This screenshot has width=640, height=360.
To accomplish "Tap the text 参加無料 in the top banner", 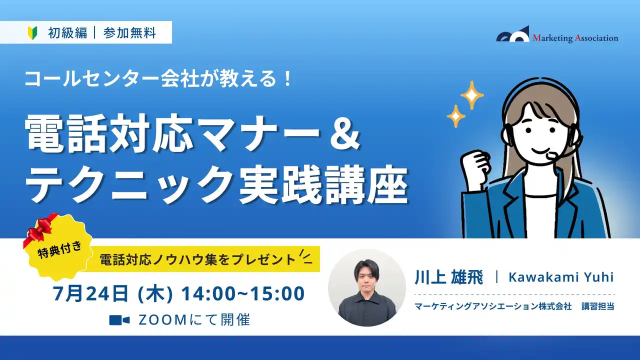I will (129, 33).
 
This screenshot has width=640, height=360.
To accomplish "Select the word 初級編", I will (67, 33).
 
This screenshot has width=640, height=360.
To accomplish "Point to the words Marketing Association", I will (575, 38).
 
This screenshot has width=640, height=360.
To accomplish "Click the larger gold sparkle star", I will (471, 94).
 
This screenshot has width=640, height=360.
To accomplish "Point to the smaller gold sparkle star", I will (455, 116).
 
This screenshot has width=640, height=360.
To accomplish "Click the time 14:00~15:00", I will (243, 294).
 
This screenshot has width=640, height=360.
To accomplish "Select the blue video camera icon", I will (119, 320).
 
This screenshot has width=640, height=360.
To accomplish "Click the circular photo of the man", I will (367, 287).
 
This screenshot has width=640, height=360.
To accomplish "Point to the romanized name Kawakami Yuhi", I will (560, 277).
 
